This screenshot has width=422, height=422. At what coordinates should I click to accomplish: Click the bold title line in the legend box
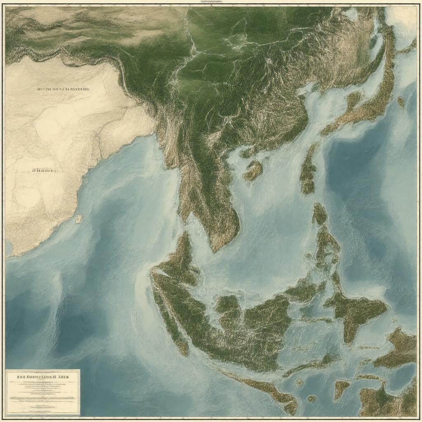(x=42, y=376)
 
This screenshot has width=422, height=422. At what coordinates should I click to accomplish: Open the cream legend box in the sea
(x=42, y=392)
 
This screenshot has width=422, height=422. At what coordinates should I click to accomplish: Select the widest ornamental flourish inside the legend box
(x=42, y=398)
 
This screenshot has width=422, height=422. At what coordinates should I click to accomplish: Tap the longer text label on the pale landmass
(x=63, y=89)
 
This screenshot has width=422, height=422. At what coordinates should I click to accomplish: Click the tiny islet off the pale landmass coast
(x=78, y=219)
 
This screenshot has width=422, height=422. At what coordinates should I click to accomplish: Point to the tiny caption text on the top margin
(x=211, y=2)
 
